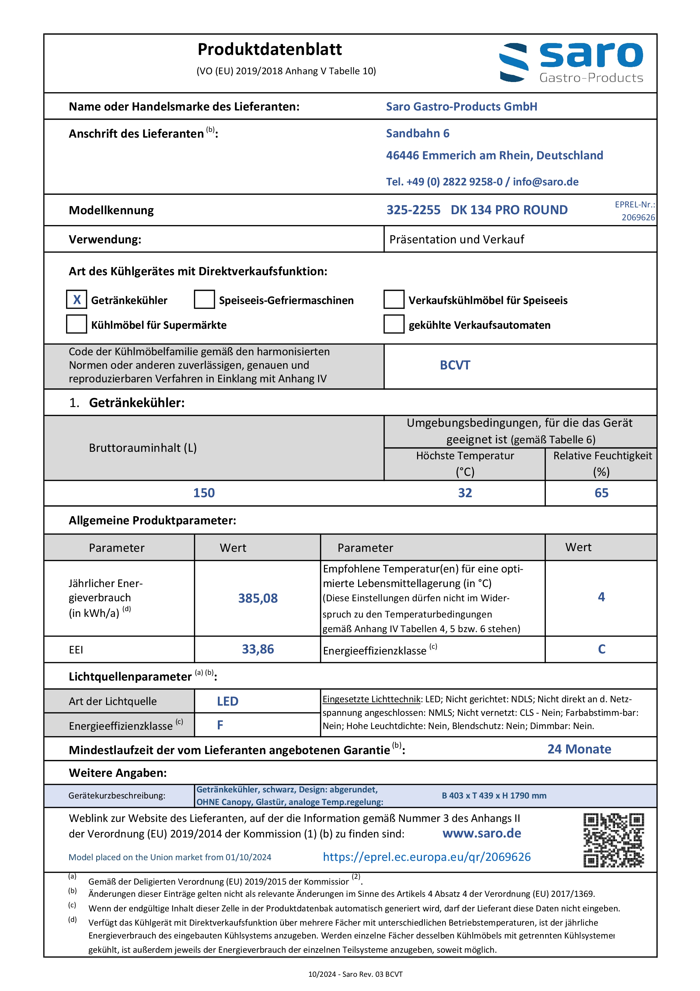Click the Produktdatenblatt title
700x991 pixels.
coord(269,49)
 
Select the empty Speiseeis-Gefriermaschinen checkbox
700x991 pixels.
coord(204,300)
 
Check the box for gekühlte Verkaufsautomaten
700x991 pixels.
coord(394,324)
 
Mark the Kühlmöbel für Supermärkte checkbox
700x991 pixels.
coord(76,324)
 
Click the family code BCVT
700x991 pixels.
coord(455,365)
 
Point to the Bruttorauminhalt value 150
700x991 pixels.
coord(204,493)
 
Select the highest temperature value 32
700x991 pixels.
coord(465,493)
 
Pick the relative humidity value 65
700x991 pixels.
coord(601,493)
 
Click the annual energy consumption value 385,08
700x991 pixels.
coord(258,598)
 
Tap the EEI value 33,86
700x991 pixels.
coord(258,649)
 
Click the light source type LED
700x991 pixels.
coord(227,701)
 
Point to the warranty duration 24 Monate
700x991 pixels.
coord(579,749)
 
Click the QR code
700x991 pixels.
coord(613,840)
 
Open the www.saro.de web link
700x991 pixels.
coord(481,833)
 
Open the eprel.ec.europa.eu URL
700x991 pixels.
coord(426,857)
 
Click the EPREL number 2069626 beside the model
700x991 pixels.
coord(638,218)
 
